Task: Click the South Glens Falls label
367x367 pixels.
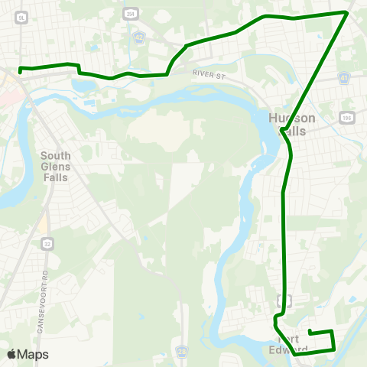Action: click(x=55, y=166)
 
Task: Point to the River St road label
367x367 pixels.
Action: click(x=210, y=74)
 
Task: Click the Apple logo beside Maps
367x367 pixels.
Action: click(x=11, y=354)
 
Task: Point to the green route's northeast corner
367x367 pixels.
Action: click(x=347, y=13)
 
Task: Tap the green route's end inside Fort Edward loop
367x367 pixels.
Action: click(x=309, y=331)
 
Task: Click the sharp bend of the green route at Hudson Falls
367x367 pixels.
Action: click(x=283, y=132)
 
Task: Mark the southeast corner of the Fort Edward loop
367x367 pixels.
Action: click(x=335, y=349)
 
